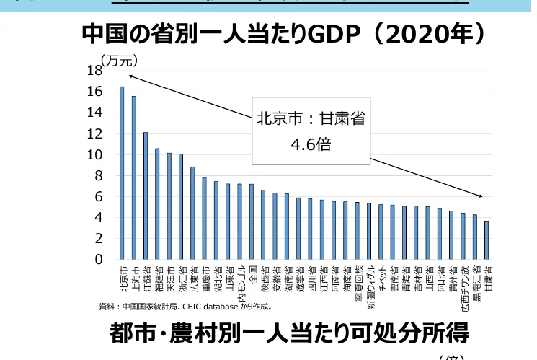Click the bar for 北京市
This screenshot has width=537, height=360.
(x=122, y=173)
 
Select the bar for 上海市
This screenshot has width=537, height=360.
(x=133, y=177)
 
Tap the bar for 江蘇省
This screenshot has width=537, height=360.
(x=145, y=196)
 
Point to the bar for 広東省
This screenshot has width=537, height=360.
(x=192, y=213)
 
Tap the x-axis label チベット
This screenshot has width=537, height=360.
(x=381, y=277)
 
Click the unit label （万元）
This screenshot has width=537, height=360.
(x=119, y=60)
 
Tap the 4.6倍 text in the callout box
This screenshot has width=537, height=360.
(x=310, y=144)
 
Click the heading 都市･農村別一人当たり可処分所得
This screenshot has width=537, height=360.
(x=289, y=333)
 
